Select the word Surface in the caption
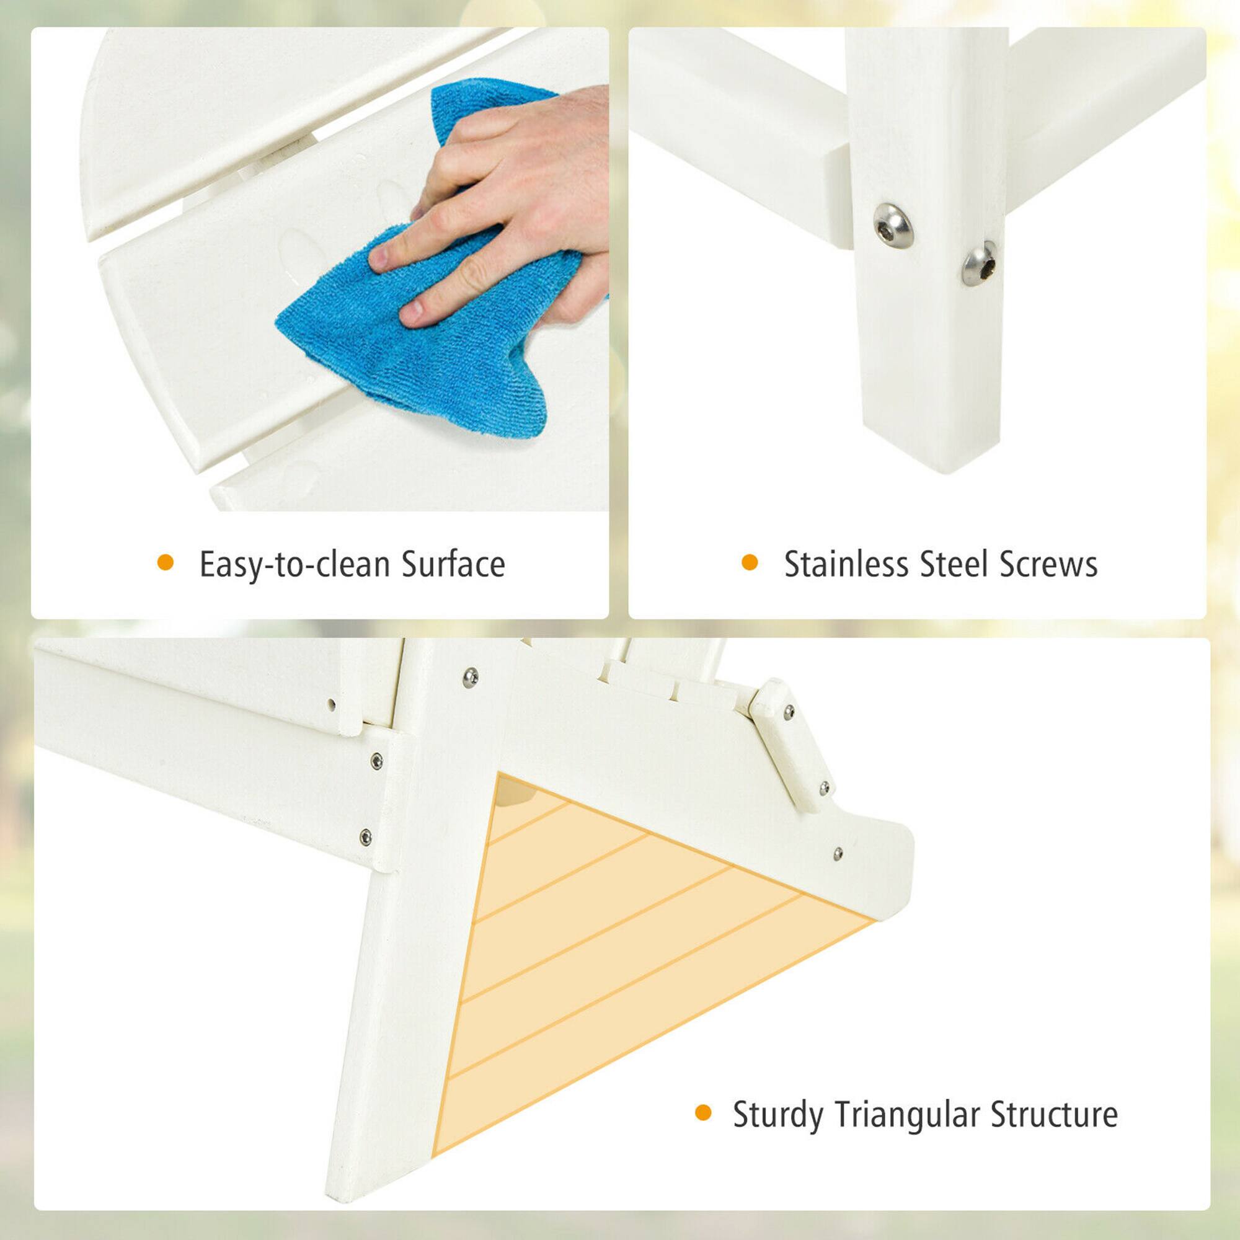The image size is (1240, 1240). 453,564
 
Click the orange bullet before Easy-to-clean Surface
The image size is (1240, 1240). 166,563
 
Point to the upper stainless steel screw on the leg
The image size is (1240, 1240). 893,224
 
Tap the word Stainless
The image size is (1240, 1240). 846,564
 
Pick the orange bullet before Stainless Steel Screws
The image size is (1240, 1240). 750,563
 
